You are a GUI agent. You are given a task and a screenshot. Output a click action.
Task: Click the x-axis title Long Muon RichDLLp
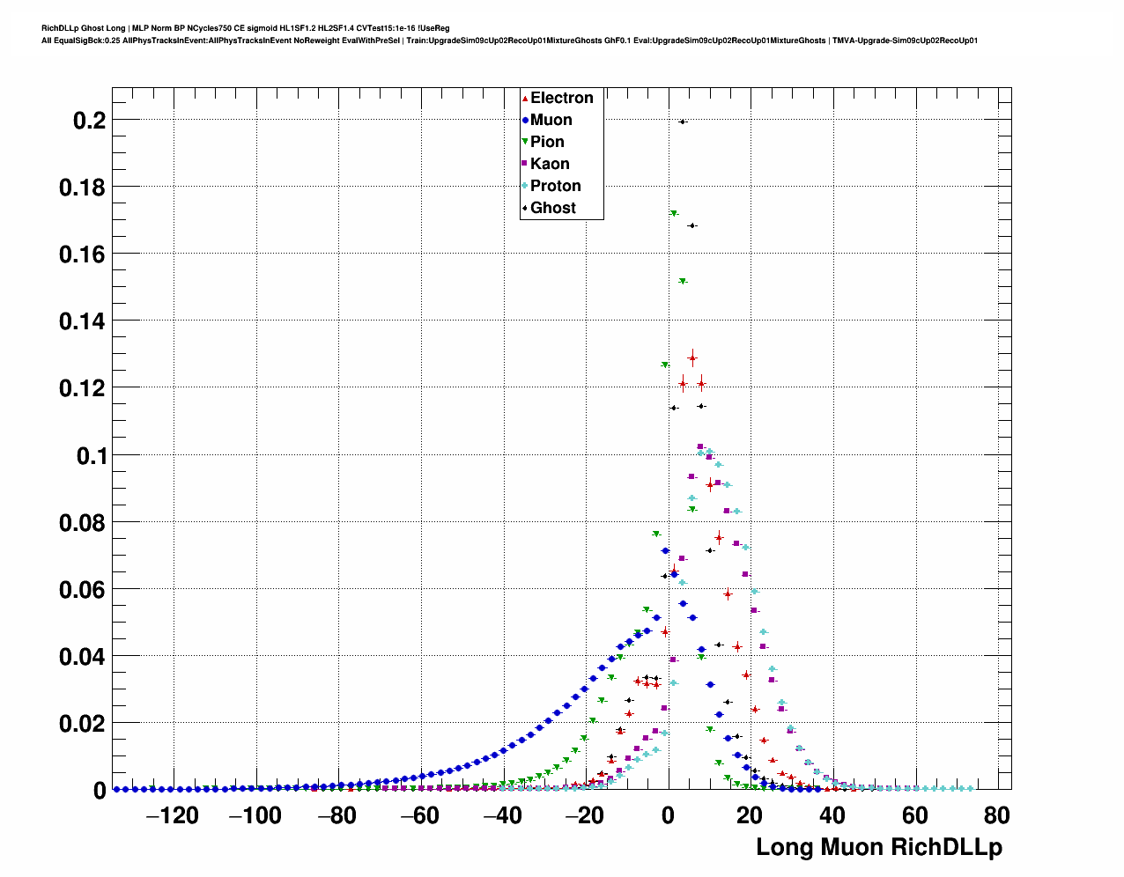point(879,847)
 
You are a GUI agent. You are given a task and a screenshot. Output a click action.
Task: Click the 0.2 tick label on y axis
point(89,121)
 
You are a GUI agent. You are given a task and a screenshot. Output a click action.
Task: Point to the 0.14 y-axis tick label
point(82,321)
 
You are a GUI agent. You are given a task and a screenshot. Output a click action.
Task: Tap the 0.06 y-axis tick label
point(82,590)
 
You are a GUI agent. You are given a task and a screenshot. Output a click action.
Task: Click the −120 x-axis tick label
point(173,816)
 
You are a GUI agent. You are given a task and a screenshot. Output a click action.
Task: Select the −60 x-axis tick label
point(419,816)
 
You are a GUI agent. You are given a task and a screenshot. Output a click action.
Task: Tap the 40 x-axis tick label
point(832,816)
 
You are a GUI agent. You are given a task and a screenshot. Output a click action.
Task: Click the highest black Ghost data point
point(683,122)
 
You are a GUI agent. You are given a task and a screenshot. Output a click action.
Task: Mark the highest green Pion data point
point(674,213)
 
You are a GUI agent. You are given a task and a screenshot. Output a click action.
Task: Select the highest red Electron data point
point(692,357)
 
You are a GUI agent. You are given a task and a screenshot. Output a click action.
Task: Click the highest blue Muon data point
point(665,551)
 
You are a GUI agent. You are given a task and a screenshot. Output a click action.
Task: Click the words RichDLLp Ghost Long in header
point(84,28)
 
